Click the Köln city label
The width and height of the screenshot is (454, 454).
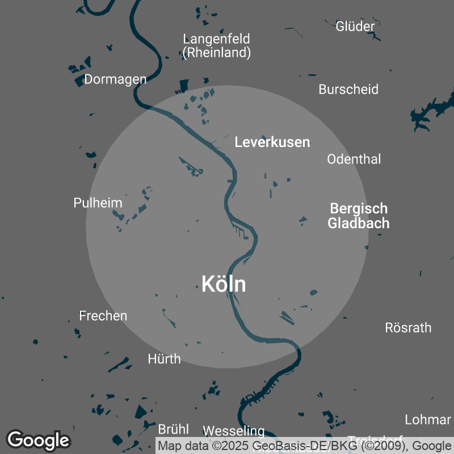click(224, 284)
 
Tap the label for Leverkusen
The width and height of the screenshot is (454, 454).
click(272, 142)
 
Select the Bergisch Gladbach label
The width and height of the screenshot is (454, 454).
click(359, 216)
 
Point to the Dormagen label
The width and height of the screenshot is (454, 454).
click(115, 79)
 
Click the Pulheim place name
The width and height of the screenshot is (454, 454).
click(98, 203)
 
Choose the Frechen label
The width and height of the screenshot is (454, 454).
click(103, 316)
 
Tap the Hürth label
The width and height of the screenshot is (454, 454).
click(164, 359)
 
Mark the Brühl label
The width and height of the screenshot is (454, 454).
click(173, 429)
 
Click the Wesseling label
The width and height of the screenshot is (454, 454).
click(234, 431)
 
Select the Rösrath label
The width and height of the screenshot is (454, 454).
click(408, 327)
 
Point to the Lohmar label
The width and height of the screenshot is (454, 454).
click(427, 420)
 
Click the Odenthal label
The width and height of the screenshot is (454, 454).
click(354, 159)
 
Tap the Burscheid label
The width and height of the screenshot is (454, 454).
click(348, 89)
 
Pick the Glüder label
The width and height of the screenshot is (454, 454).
click(355, 26)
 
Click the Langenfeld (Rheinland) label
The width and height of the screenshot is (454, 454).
click(217, 46)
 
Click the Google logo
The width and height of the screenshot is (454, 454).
click(38, 440)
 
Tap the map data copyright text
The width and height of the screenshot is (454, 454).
click(304, 445)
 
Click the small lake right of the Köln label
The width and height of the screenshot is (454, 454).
click(313, 293)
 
